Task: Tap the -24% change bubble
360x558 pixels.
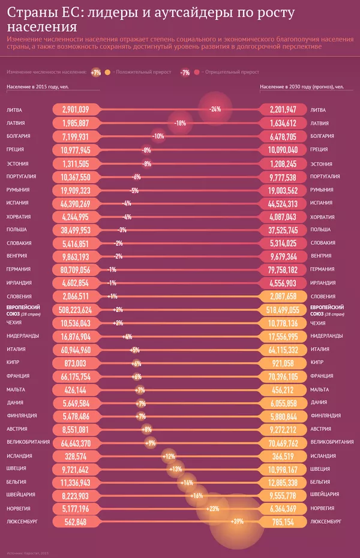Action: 215,109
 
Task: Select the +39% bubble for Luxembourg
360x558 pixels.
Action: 237,522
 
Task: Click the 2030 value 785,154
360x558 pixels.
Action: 284,522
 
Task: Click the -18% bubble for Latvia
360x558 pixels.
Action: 179,123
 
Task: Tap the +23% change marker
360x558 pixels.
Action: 212,509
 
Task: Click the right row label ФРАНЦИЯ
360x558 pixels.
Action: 322,376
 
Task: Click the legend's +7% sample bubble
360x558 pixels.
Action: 96,72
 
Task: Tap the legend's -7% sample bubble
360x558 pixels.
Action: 185,72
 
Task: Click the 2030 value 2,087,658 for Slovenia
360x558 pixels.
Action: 284,296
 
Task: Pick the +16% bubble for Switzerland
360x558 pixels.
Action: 196,496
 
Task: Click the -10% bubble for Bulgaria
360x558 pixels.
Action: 158,136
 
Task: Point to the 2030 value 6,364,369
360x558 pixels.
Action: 284,509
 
